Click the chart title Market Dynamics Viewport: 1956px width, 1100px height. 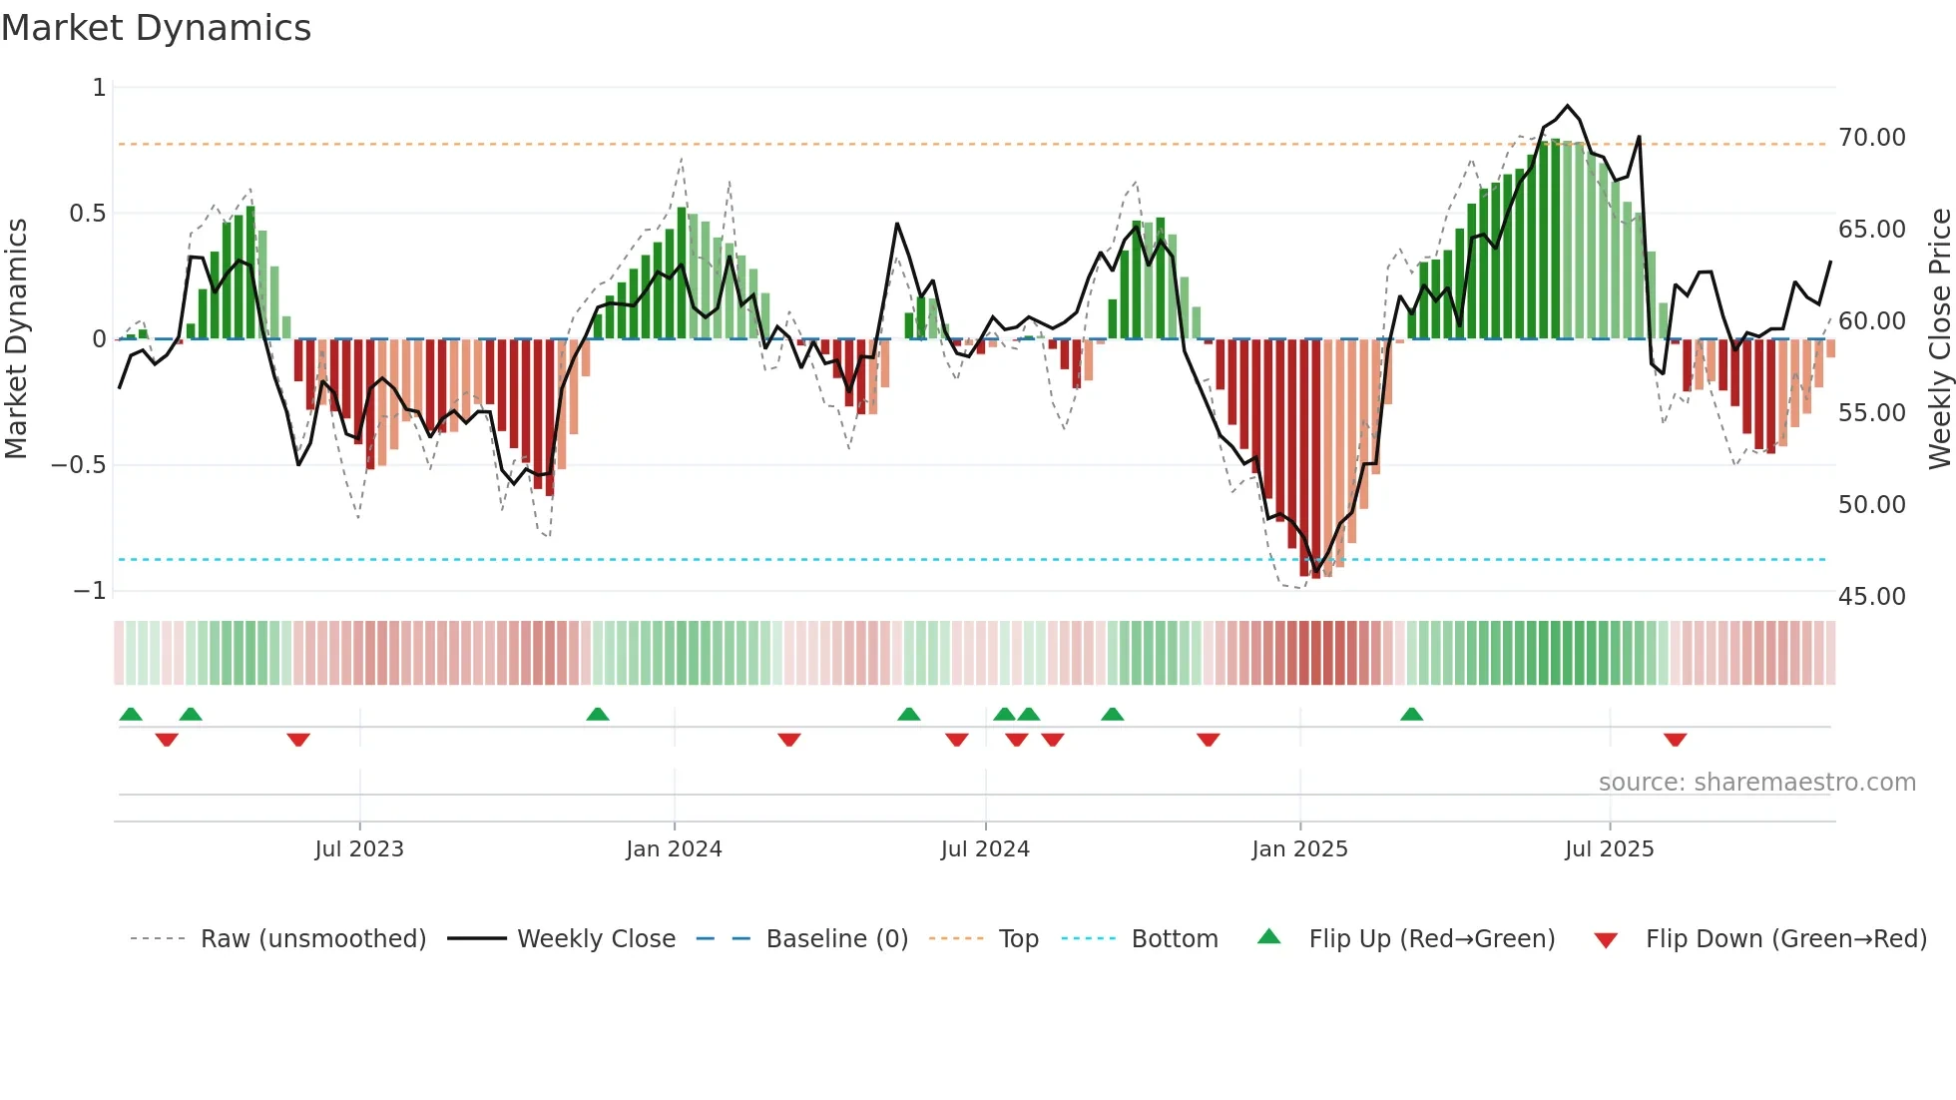156,28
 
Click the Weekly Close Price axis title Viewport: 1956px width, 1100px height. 1939,338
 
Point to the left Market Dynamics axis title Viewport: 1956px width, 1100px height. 16,338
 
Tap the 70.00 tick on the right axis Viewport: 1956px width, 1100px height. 1871,137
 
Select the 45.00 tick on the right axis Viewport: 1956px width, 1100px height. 1871,596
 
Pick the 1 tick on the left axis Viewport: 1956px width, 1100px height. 99,88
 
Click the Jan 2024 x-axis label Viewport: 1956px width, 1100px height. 674,849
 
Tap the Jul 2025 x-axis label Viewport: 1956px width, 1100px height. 1609,849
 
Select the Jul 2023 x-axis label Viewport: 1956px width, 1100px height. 359,849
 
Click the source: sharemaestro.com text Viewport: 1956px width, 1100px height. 1756,783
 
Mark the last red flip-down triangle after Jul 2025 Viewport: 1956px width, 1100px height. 1675,740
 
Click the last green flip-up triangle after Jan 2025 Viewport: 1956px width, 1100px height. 1411,714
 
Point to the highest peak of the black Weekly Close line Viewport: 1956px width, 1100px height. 1567,106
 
